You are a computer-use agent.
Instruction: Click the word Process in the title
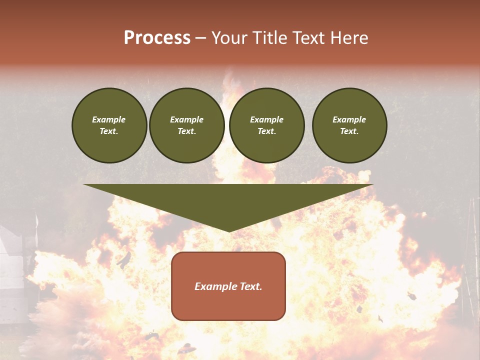[157, 38]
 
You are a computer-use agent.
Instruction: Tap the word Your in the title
[229, 38]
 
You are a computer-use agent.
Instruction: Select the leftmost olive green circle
[109, 125]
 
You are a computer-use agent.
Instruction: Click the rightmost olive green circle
[349, 125]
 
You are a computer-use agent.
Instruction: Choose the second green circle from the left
[187, 125]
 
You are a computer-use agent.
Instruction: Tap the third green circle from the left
[267, 125]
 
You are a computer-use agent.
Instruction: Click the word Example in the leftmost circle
[109, 119]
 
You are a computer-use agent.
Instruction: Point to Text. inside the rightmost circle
[349, 131]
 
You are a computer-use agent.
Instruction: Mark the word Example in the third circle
[267, 119]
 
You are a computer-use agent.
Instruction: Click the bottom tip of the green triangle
[229, 230]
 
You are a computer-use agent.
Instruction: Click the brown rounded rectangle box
[228, 305]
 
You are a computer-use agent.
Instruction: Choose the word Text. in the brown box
[250, 286]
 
